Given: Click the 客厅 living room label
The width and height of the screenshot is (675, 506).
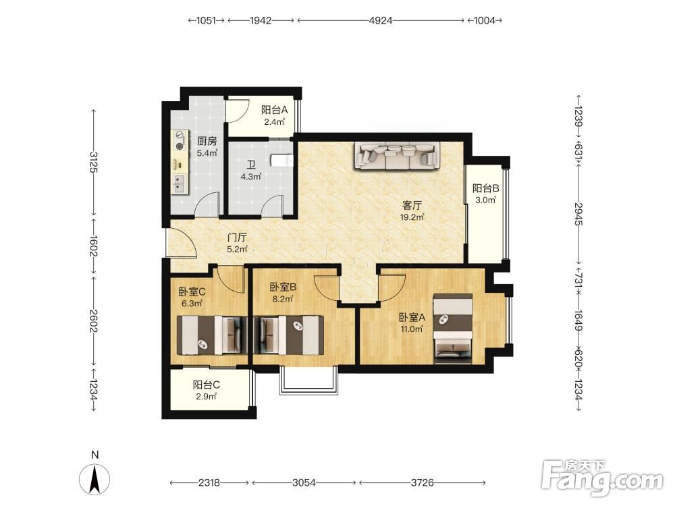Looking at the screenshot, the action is click(412, 206).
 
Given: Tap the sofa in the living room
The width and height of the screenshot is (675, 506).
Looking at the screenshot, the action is click(398, 155).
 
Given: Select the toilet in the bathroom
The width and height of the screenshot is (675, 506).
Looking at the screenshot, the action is click(282, 161).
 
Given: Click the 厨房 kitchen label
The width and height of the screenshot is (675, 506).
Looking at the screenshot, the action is click(207, 141).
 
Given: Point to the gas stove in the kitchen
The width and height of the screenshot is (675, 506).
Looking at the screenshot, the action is click(180, 141).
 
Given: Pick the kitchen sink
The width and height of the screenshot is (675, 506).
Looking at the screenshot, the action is click(180, 184).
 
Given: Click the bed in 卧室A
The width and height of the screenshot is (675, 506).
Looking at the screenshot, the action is click(452, 329).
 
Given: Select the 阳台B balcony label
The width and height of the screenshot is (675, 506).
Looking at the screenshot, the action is click(485, 188).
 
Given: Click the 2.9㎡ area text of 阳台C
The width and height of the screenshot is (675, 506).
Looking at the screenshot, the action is click(206, 397).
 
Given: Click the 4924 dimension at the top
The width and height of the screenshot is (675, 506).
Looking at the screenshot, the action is click(381, 20).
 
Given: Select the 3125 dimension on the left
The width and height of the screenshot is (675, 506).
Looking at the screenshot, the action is click(94, 162).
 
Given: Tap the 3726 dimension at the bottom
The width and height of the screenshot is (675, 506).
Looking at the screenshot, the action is click(422, 483).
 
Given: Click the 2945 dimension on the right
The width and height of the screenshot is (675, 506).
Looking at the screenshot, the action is click(578, 215).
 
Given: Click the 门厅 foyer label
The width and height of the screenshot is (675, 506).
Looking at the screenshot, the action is click(237, 237).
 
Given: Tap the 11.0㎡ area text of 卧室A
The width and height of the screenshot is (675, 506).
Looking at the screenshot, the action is click(412, 330).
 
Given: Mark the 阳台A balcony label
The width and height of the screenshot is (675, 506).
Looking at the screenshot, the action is click(275, 110).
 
